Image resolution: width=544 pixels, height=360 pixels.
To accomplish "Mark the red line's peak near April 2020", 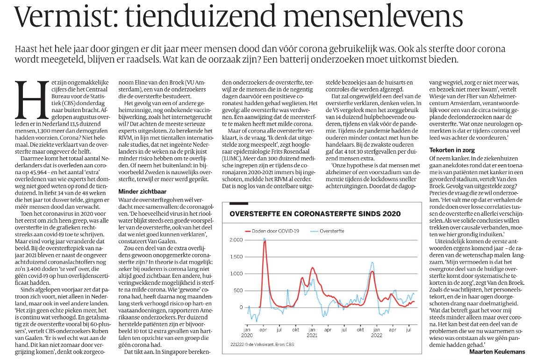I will [x=265, y=241].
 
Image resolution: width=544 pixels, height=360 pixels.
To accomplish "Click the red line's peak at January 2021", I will [x=312, y=268].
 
